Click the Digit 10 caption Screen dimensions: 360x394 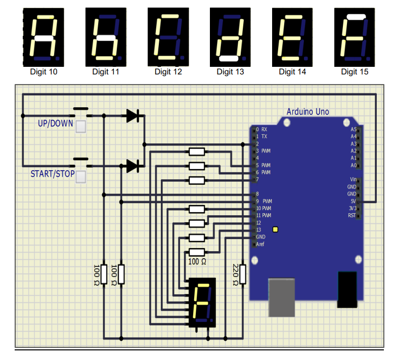[x=43, y=72]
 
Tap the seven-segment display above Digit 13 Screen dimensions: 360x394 [x=230, y=37]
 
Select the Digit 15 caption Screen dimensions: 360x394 [x=355, y=72]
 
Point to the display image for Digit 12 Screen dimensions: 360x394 [x=168, y=37]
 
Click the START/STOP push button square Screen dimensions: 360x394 [x=80, y=177]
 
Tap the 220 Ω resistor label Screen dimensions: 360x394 [x=235, y=275]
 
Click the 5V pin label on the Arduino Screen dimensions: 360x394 [x=353, y=201]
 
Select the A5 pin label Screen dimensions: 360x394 [x=354, y=130]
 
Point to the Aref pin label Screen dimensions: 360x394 [x=260, y=244]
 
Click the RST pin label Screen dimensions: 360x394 [x=352, y=216]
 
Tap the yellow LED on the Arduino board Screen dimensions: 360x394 [x=275, y=229]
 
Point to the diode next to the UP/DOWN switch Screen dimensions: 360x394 [x=133, y=116]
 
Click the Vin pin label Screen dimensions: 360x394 [x=353, y=180]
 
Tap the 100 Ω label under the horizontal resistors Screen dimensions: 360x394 [x=197, y=262]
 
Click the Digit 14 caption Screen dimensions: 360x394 [x=292, y=72]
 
